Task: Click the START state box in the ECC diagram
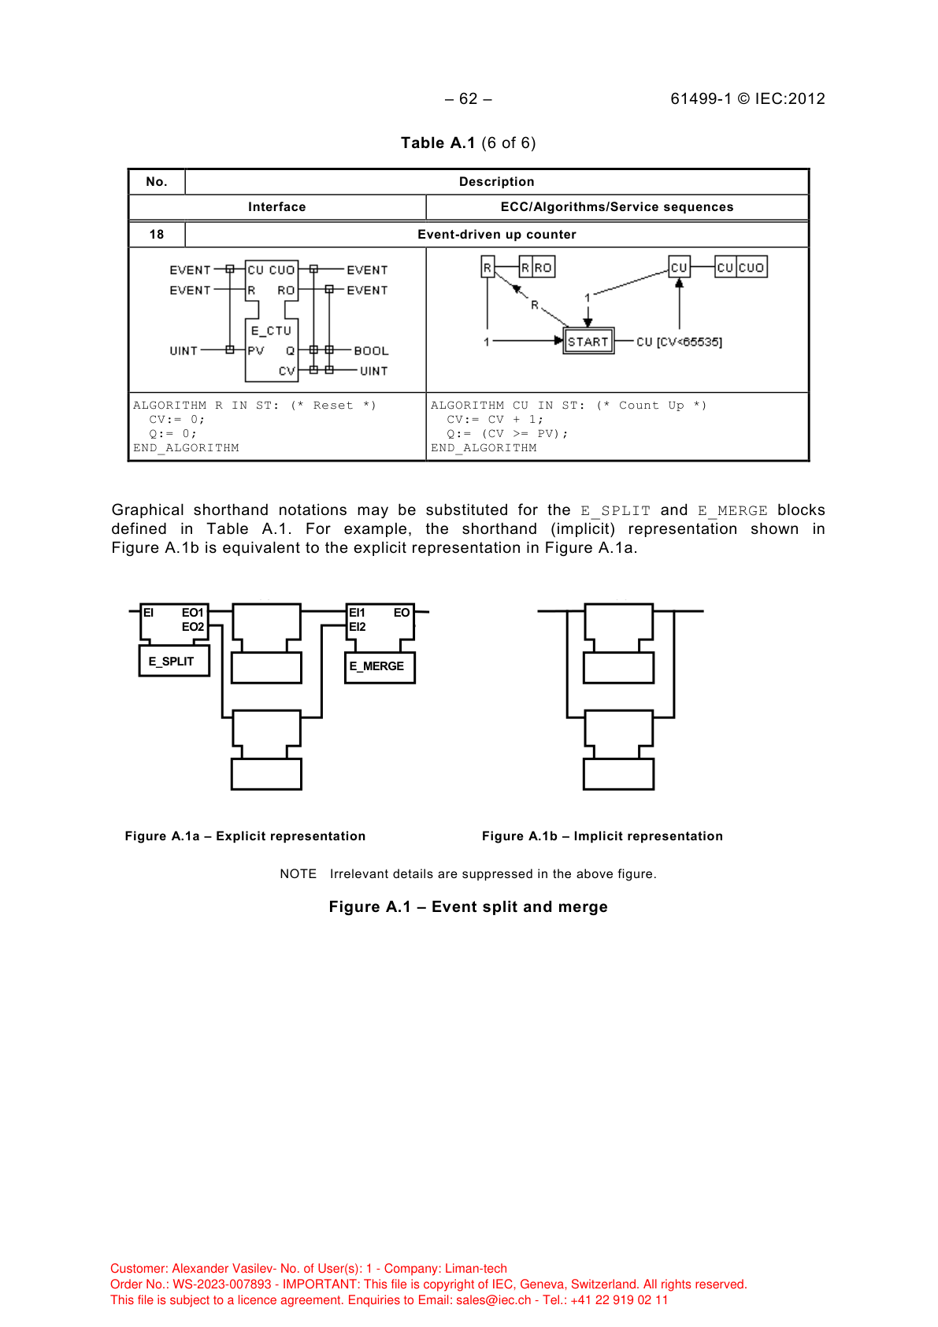[588, 342]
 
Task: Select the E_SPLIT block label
[172, 662]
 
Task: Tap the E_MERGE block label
[377, 666]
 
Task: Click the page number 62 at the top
[468, 98]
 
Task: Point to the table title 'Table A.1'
[438, 143]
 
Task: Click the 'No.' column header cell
[157, 182]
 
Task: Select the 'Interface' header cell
[276, 207]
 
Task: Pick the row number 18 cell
[157, 235]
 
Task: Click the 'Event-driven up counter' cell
[496, 235]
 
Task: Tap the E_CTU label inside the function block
[271, 331]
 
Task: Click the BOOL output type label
[371, 351]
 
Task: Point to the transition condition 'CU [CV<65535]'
[679, 342]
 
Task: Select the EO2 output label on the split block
[193, 627]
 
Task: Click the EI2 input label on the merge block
[358, 627]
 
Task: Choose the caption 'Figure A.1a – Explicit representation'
[245, 836]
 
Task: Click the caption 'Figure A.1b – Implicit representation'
[602, 836]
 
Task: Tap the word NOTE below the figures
[298, 874]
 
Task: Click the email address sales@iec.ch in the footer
[494, 1300]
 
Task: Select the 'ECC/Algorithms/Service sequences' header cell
[617, 207]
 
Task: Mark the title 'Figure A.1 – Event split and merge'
[468, 907]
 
